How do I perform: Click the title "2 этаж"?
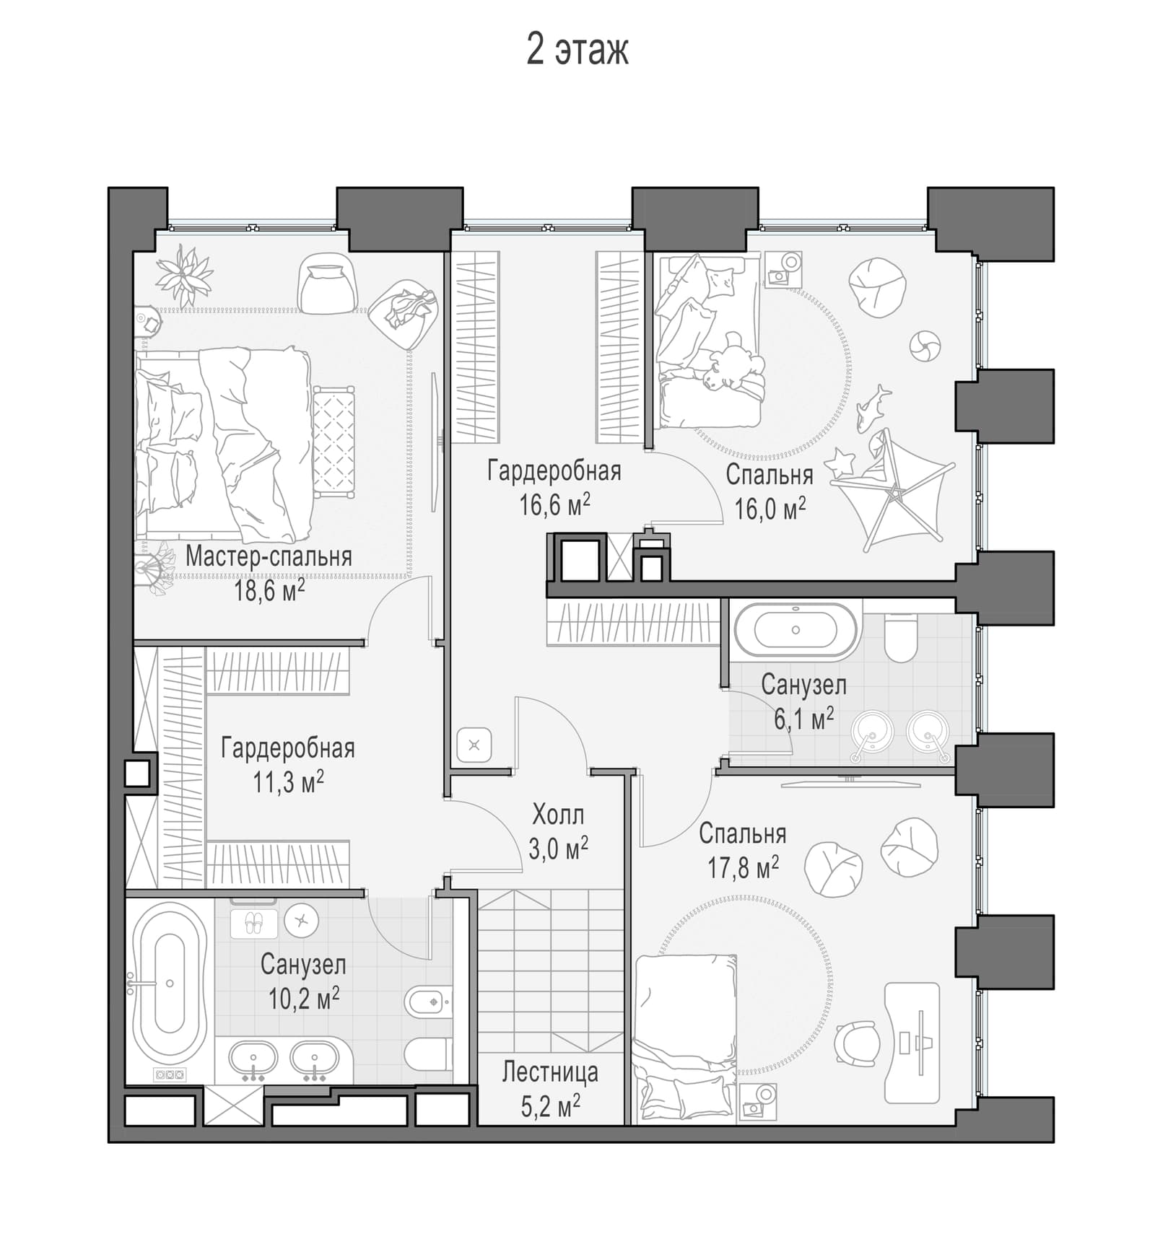(x=577, y=50)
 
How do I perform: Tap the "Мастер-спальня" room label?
(x=269, y=556)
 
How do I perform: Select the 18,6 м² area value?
(x=269, y=591)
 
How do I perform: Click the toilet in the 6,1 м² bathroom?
(x=900, y=637)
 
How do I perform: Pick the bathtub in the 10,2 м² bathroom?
(x=170, y=984)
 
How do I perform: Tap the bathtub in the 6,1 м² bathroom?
(x=796, y=630)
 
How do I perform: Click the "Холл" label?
(x=558, y=815)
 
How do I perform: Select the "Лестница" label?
(x=550, y=1072)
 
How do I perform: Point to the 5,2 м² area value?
(x=551, y=1106)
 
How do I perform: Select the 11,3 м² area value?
(x=288, y=782)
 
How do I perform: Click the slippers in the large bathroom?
(x=253, y=923)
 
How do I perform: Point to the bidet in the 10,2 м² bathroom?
(x=428, y=1002)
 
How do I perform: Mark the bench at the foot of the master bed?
(x=334, y=442)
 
